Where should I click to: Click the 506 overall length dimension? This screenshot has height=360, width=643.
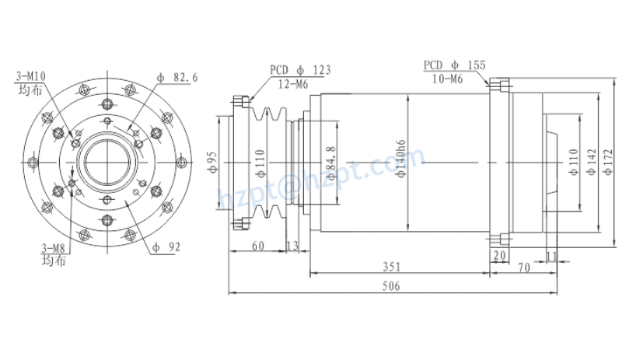(x=391, y=286)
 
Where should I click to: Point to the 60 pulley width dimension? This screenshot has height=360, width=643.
(x=257, y=246)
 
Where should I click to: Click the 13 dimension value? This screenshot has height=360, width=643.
(x=293, y=246)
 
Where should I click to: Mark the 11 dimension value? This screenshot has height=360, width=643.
(x=551, y=256)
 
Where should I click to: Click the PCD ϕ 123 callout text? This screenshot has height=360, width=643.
(x=300, y=70)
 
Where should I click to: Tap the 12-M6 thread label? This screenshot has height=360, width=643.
(x=295, y=82)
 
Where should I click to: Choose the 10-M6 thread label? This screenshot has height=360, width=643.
(x=447, y=79)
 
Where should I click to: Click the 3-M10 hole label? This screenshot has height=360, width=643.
(x=32, y=75)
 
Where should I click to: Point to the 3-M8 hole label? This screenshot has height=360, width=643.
(x=53, y=248)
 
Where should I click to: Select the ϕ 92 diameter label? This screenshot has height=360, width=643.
(x=167, y=248)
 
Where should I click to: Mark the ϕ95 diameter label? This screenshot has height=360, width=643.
(x=211, y=162)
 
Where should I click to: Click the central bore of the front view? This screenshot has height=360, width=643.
(x=107, y=162)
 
